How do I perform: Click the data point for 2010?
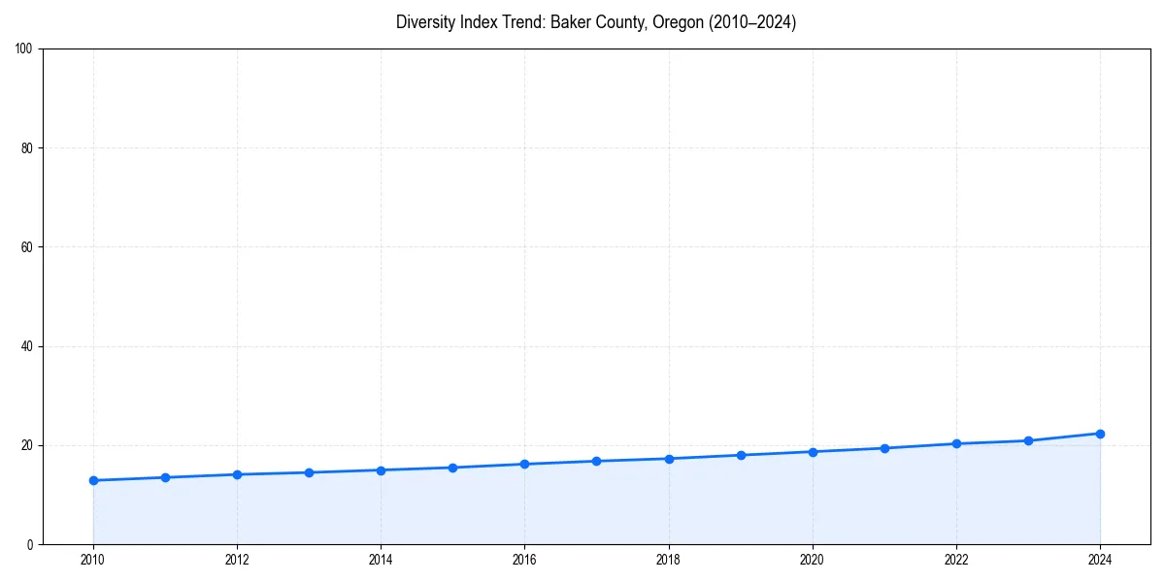[x=93, y=480]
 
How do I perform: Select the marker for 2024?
[x=1100, y=434]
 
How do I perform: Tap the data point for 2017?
[x=596, y=461]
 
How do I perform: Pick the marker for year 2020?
[x=813, y=452]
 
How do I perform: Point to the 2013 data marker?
[x=309, y=472]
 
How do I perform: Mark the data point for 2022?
[x=956, y=443]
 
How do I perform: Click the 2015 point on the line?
[x=452, y=468]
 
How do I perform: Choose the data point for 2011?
[x=165, y=477]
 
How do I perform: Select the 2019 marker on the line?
[x=741, y=455]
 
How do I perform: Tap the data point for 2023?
[x=1028, y=440]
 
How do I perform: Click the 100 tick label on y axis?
[x=24, y=48]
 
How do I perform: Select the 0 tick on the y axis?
[x=30, y=544]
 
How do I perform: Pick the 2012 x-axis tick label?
[x=237, y=560]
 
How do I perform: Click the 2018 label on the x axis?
[x=668, y=560]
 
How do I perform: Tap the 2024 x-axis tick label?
[x=1100, y=560]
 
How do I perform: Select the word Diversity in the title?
[x=424, y=22]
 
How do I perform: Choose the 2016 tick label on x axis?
[x=524, y=560]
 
